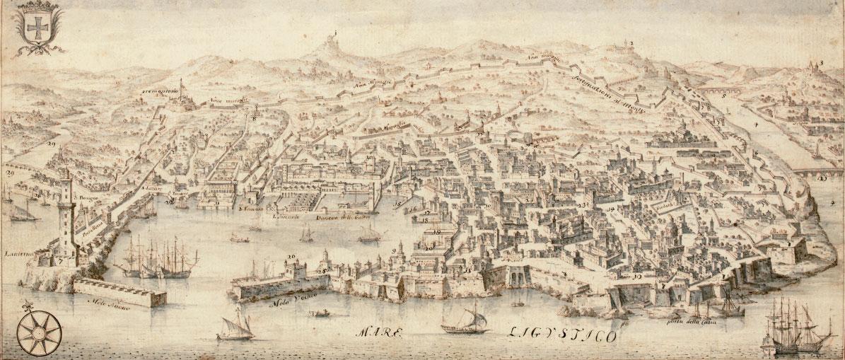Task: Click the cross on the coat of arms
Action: pyautogui.click(x=35, y=29)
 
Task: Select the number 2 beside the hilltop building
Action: pyautogui.click(x=630, y=44)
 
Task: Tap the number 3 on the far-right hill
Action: pyautogui.click(x=822, y=64)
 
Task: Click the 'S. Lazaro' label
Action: pyautogui.click(x=152, y=189)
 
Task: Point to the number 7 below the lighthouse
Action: pyautogui.click(x=62, y=261)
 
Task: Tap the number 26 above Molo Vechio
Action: pyautogui.click(x=291, y=255)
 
